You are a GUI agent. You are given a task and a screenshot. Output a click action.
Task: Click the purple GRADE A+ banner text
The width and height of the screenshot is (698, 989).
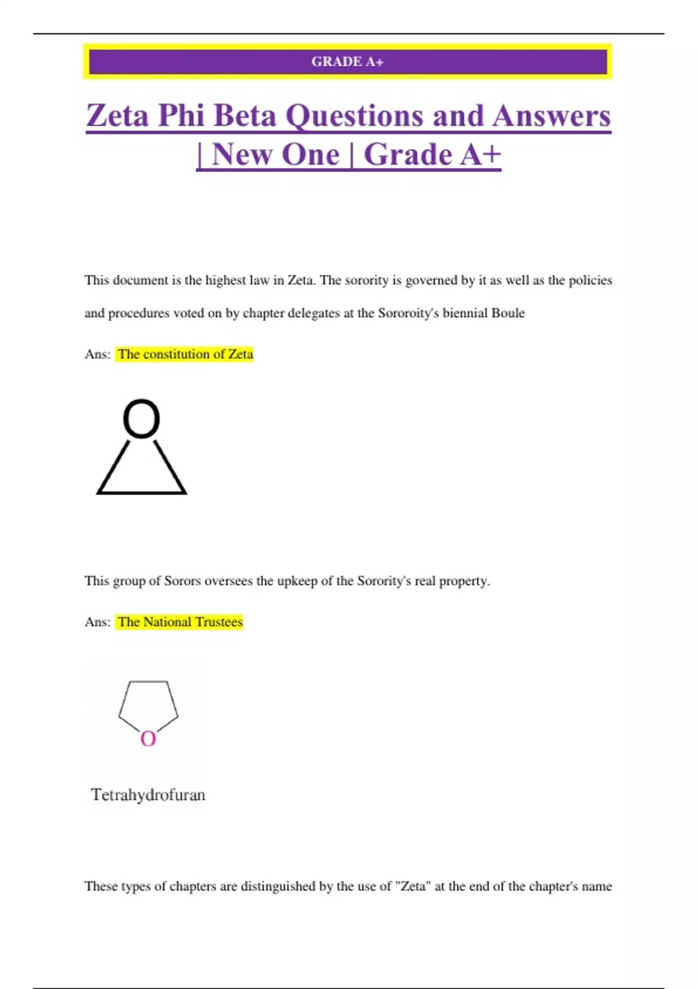point(347,62)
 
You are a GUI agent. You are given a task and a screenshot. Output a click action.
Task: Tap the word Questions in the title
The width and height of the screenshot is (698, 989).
point(355,116)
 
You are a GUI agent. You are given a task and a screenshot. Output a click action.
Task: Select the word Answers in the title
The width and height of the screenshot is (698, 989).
point(551,115)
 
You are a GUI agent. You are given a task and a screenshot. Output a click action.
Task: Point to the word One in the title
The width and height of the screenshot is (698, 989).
point(310,155)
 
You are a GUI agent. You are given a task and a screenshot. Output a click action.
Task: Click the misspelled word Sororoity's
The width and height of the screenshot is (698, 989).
point(408,313)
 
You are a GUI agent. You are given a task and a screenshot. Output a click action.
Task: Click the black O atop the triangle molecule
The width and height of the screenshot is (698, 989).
point(141,418)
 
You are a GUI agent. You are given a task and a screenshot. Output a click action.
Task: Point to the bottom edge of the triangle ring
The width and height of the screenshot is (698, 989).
point(141,493)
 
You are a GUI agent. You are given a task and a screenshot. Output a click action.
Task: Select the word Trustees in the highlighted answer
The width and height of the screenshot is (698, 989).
point(219,622)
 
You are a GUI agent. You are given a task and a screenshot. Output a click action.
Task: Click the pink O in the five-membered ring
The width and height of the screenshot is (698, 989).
point(148,739)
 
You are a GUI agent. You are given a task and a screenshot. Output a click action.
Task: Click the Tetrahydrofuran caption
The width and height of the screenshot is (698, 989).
point(148,795)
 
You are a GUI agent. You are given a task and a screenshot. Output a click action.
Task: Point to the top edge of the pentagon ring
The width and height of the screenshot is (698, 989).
point(148,682)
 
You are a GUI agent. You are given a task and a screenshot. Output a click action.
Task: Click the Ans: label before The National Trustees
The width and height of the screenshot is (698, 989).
point(97,622)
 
